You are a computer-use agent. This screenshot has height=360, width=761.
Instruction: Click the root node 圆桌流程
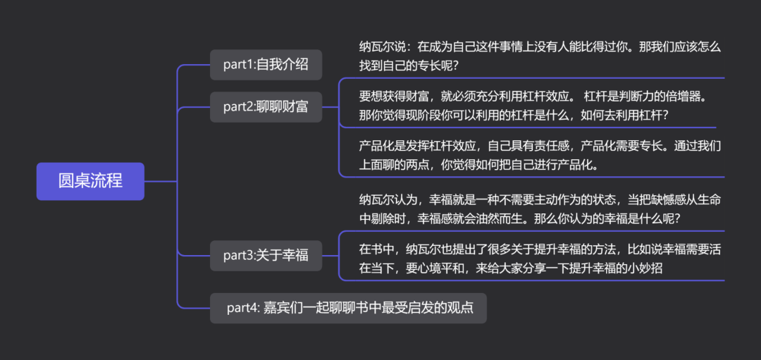(90, 181)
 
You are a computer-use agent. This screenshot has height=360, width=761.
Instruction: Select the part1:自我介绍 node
(266, 65)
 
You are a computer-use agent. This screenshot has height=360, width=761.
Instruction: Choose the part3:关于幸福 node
(266, 255)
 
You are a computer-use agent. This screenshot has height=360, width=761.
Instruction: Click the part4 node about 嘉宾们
(348, 308)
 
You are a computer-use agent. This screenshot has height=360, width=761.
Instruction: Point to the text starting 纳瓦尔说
(540, 56)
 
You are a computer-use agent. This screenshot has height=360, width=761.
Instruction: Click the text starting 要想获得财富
(531, 104)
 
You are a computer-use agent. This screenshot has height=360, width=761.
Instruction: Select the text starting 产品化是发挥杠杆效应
(540, 156)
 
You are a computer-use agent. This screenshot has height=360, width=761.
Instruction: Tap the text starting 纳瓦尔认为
(540, 209)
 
